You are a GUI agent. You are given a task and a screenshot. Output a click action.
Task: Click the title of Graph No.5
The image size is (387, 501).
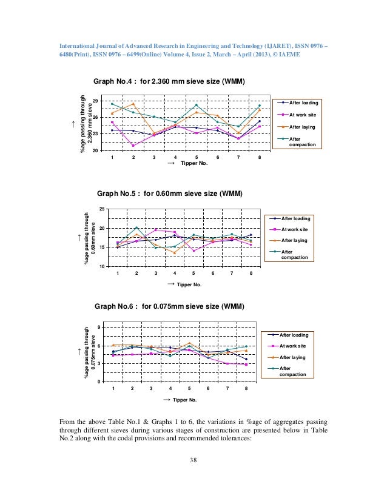click(170, 194)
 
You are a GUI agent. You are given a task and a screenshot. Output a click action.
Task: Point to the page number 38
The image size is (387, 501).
click(193, 465)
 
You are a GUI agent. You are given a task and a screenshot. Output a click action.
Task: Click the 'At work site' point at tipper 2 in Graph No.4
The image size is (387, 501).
click(133, 146)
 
